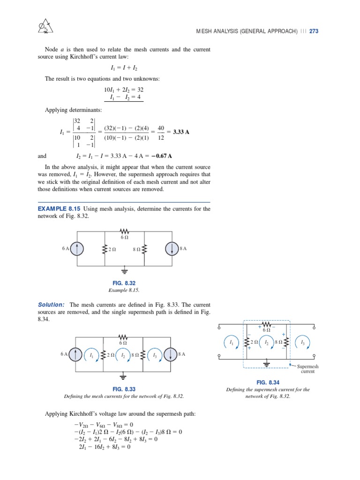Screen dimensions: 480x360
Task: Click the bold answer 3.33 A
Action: pyautogui.click(x=181, y=132)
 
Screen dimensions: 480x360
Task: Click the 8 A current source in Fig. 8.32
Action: pyautogui.click(x=171, y=248)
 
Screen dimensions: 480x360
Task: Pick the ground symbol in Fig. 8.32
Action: pyautogui.click(x=124, y=271)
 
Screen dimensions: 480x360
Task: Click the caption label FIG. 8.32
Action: pyautogui.click(x=124, y=283)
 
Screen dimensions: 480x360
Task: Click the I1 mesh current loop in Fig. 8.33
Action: pyautogui.click(x=92, y=354)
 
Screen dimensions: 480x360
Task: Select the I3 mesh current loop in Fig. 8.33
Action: pyautogui.click(x=155, y=354)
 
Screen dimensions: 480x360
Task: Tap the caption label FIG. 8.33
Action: pyautogui.click(x=124, y=389)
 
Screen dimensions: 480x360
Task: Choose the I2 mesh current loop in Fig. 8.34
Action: pyautogui.click(x=266, y=344)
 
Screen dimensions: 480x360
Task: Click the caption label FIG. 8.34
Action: pyautogui.click(x=268, y=382)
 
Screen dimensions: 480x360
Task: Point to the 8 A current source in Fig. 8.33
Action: pyautogui.click(x=171, y=354)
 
